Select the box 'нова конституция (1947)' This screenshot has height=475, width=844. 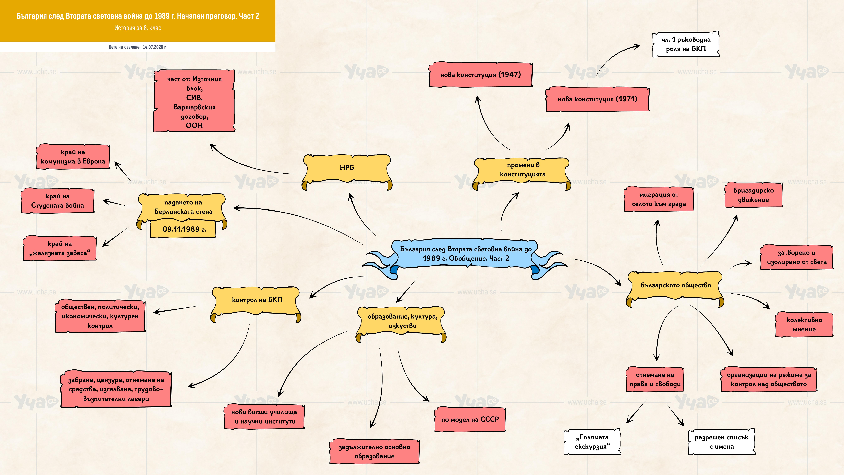(481, 75)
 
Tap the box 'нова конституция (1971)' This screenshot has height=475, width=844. (597, 99)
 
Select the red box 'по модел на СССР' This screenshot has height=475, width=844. (470, 419)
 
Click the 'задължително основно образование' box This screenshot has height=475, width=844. (374, 451)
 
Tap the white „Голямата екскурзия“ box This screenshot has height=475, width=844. (592, 442)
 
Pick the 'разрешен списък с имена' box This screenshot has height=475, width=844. (721, 442)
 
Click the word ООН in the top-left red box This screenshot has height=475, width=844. (194, 126)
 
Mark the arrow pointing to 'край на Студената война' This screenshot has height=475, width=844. (115, 202)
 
